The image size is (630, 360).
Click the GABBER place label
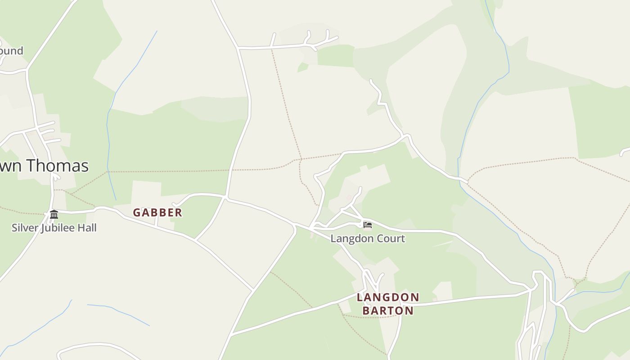click(x=157, y=212)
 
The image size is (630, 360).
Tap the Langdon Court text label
click(x=368, y=238)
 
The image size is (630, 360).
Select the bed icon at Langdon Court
click(x=368, y=225)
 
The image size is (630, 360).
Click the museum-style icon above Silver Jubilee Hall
click(x=54, y=214)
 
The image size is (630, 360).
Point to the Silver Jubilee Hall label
click(x=54, y=228)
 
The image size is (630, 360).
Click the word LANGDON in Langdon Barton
click(x=388, y=297)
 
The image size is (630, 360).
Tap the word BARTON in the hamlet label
click(x=388, y=310)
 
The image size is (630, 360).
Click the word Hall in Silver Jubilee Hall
click(x=86, y=228)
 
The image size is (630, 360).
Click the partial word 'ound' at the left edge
click(x=11, y=50)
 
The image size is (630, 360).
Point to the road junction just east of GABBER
click(x=225, y=197)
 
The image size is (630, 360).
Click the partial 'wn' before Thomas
click(x=11, y=166)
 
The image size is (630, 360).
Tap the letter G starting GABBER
click(x=137, y=212)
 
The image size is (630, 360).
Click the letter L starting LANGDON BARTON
click(x=360, y=297)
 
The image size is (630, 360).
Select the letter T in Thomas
click(x=31, y=166)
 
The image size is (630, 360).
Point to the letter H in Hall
click(x=80, y=228)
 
